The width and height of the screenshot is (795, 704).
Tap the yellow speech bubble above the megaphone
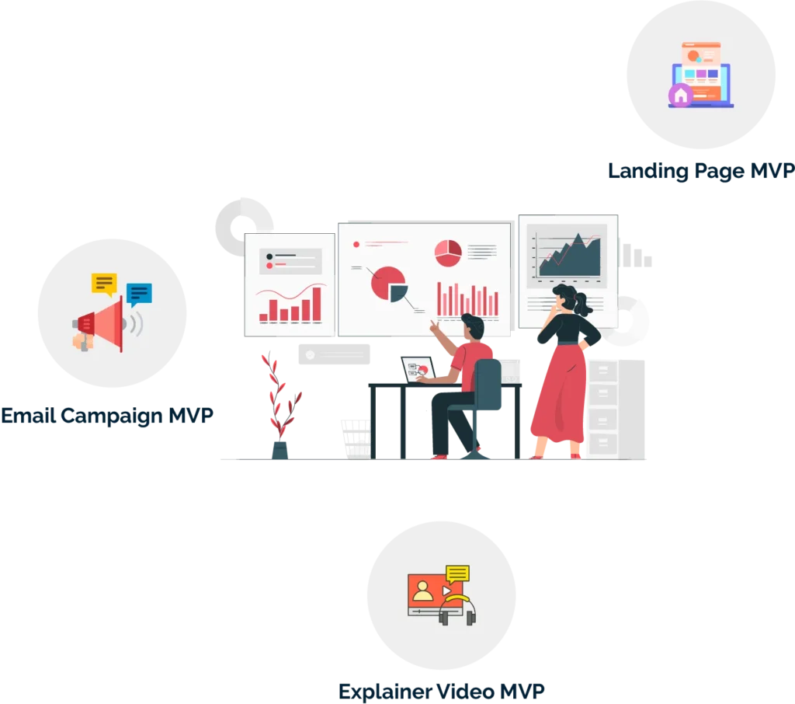coord(104,283)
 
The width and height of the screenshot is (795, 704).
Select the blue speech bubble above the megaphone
coord(139,294)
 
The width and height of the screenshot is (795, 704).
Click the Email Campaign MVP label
coord(106,416)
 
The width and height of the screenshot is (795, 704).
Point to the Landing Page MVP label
coord(701,171)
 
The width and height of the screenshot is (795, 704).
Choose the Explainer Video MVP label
coord(441,689)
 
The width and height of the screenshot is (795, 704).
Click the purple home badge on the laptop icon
coord(681,96)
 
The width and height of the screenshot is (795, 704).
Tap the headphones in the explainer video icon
coord(457,610)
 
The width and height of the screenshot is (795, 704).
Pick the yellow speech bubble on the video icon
coord(458,573)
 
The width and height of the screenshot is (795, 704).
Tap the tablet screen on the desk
coord(415,368)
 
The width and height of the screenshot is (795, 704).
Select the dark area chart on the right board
coord(570,256)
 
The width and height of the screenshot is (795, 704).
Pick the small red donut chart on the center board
coord(448,250)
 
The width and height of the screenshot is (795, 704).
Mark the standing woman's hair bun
coord(561,293)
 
